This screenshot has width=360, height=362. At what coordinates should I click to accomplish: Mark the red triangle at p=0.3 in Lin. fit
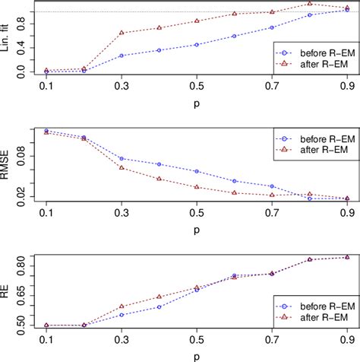tap(122, 33)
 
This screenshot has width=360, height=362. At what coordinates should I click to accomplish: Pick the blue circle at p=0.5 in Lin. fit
tap(197, 45)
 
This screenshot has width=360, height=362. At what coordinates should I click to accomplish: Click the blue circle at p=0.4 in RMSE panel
tap(159, 164)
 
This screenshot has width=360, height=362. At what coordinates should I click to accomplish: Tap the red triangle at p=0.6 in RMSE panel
tap(234, 193)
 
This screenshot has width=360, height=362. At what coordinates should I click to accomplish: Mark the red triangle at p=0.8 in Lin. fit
tap(309, 4)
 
